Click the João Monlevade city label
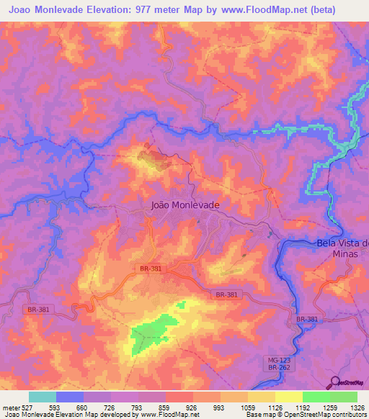186,204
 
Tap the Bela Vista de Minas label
342,248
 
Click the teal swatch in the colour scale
43,397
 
